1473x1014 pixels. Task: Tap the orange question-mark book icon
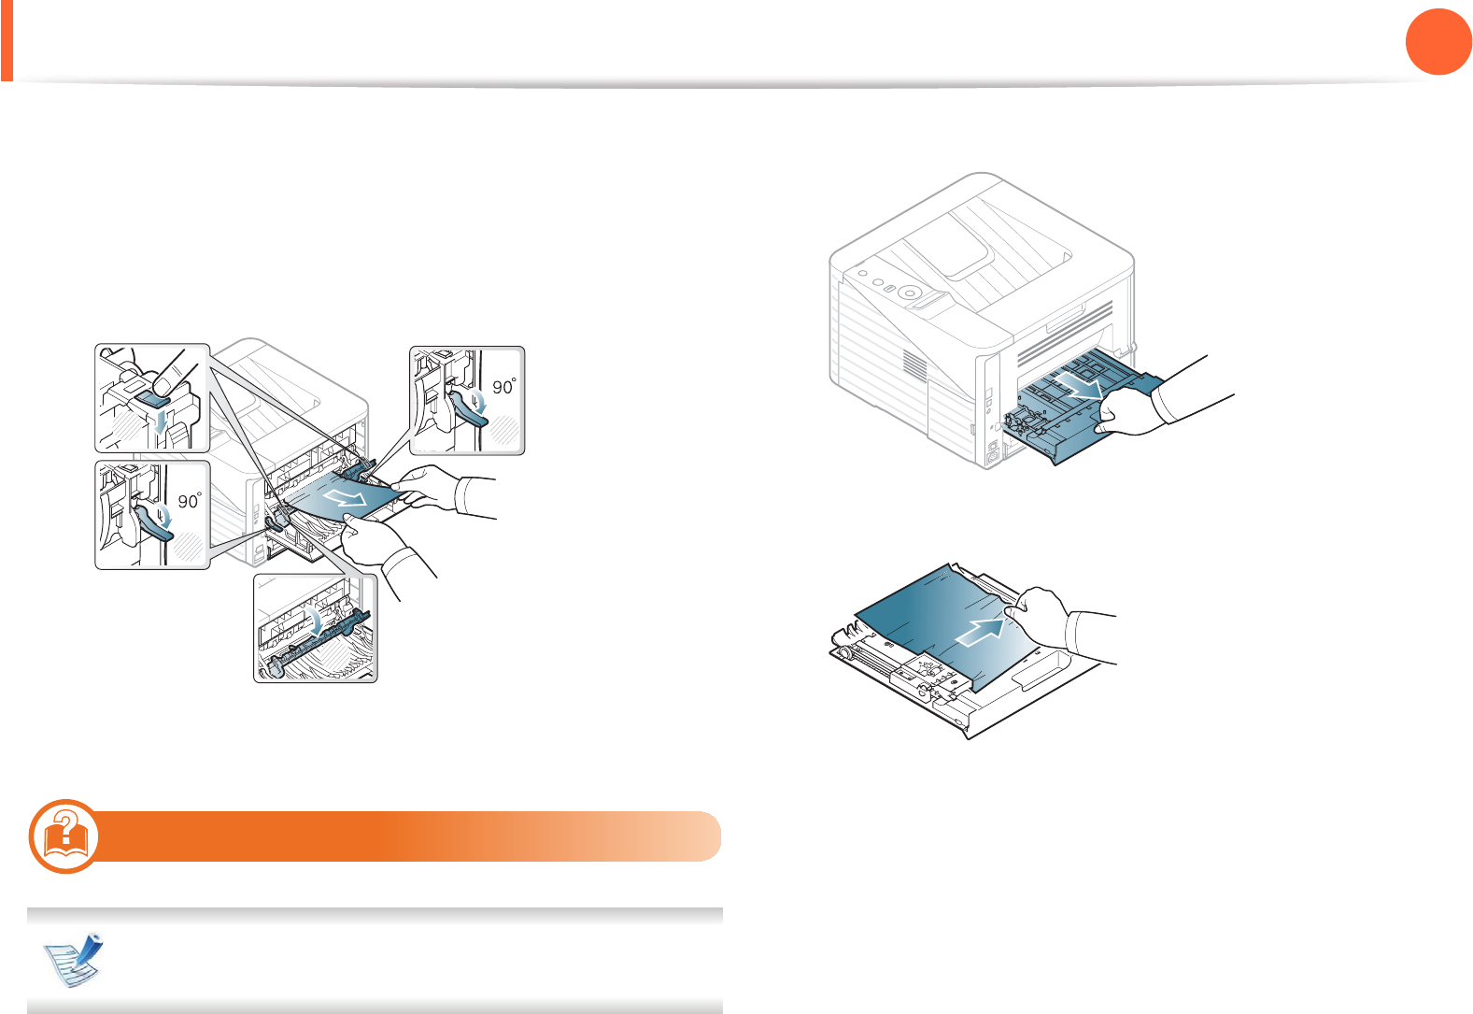[64, 835]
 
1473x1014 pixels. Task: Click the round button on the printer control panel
[907, 292]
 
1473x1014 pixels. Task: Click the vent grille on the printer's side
[914, 367]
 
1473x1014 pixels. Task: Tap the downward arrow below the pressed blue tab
[162, 423]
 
